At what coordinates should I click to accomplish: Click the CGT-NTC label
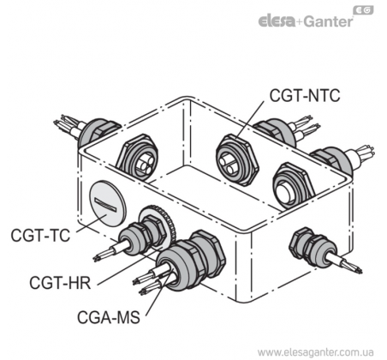coord(305,95)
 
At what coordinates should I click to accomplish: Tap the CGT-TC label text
coord(40,235)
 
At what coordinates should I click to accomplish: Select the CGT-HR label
coord(60,282)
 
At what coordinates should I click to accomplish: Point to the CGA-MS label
coord(109,317)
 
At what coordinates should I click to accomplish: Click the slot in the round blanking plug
coord(106,205)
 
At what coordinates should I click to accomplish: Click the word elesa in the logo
coord(277,21)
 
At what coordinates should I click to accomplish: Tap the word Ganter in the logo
coord(328,21)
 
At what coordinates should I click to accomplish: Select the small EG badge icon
coord(363,10)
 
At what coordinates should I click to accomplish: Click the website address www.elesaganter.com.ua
coord(315,351)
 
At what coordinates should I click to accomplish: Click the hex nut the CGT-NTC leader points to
coord(237,160)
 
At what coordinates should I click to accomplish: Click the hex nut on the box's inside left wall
coord(138,157)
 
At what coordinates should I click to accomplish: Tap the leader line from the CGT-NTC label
coord(250,119)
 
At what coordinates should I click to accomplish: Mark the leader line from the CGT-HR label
coord(129,267)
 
